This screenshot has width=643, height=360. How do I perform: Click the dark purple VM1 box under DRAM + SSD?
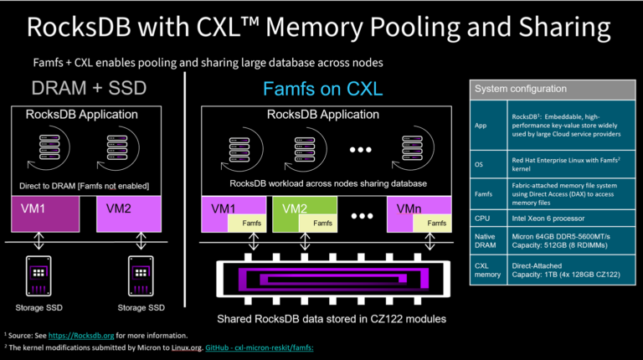[x=44, y=213]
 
